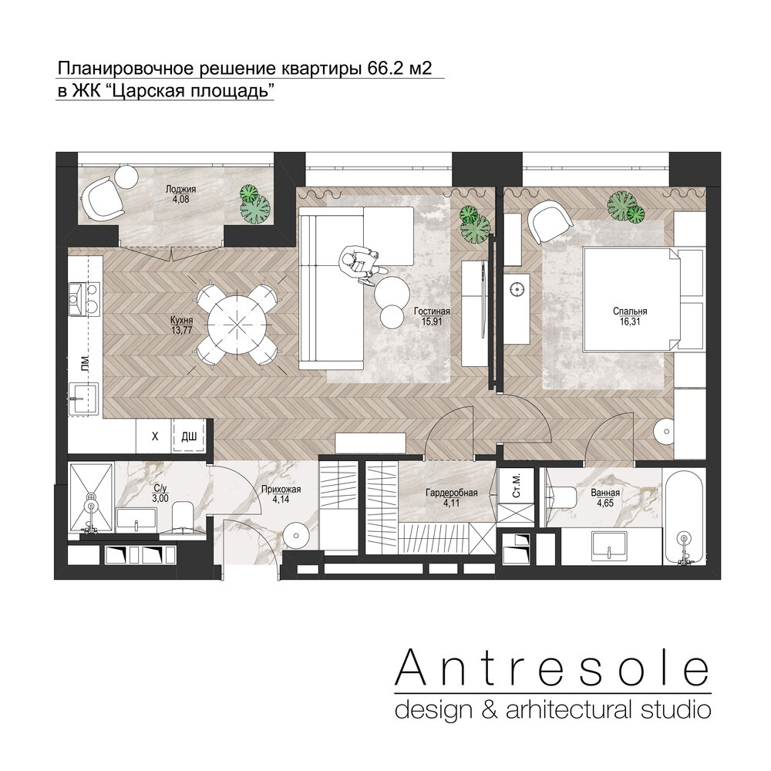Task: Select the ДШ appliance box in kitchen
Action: [189, 436]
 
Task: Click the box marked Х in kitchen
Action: [154, 436]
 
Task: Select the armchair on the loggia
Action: [103, 199]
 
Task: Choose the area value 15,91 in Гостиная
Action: [431, 321]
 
